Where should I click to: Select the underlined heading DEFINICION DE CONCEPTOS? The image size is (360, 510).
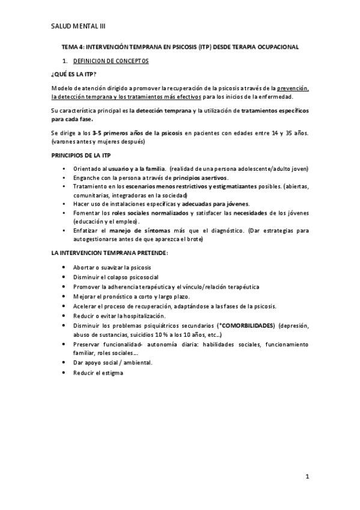(111, 61)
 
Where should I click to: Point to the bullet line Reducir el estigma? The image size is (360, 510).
(98, 373)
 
